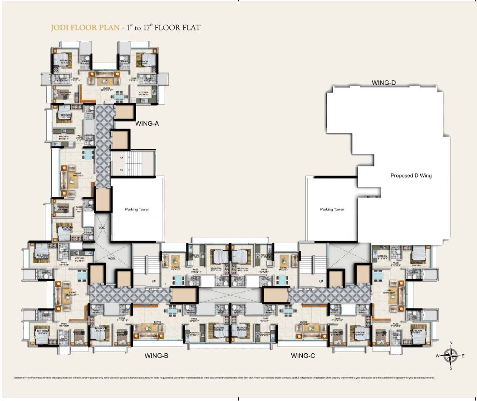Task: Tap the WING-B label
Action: pos(157,356)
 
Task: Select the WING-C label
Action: pos(303,356)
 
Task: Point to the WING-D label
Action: pos(384,83)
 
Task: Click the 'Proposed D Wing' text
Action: pos(411,176)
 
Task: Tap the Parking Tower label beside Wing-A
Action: pos(137,209)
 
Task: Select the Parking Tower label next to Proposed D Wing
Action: pos(332,209)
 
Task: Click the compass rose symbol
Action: pos(450,356)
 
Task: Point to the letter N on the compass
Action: pos(450,343)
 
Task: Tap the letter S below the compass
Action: pos(450,368)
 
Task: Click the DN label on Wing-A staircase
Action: pos(122,171)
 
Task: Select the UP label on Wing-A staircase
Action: pos(122,157)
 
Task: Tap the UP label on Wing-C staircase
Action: pos(321,281)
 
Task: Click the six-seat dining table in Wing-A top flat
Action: pos(118,96)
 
